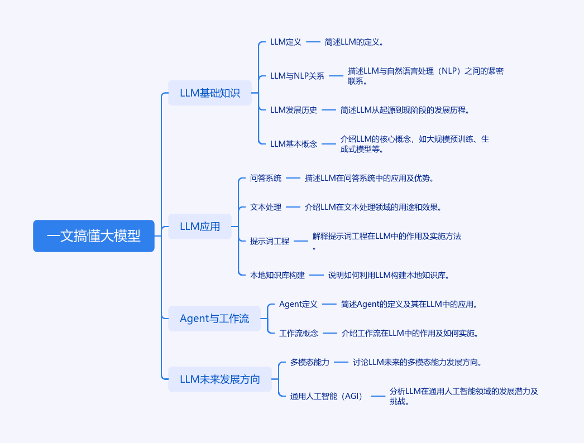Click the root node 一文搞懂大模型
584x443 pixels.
pyautogui.click(x=93, y=236)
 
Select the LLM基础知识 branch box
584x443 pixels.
pyautogui.click(x=210, y=93)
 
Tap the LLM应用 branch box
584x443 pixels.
pyautogui.click(x=200, y=227)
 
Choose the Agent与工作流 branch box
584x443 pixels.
pyautogui.click(x=214, y=319)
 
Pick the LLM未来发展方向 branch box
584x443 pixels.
pyautogui.click(x=220, y=379)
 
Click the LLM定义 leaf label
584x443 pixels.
pyautogui.click(x=286, y=42)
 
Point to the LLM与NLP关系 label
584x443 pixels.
pyautogui.click(x=297, y=76)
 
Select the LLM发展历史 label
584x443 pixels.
pyautogui.click(x=294, y=110)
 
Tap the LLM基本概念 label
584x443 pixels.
pyautogui.click(x=294, y=144)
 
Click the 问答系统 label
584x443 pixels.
pyautogui.click(x=266, y=179)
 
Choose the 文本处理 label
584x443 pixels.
pyautogui.click(x=266, y=208)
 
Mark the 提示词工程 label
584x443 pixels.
pyautogui.click(x=270, y=241)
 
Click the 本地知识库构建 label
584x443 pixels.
pyautogui.click(x=277, y=275)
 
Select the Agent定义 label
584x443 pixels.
pyautogui.click(x=298, y=304)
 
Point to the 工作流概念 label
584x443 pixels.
pyautogui.click(x=299, y=333)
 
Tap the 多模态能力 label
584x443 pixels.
pyautogui.click(x=310, y=362)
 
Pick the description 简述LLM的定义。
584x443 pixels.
pyautogui.click(x=354, y=42)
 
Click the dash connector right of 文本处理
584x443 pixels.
pyautogui.click(x=293, y=207)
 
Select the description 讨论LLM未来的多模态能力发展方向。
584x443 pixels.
pyautogui.click(x=417, y=362)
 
